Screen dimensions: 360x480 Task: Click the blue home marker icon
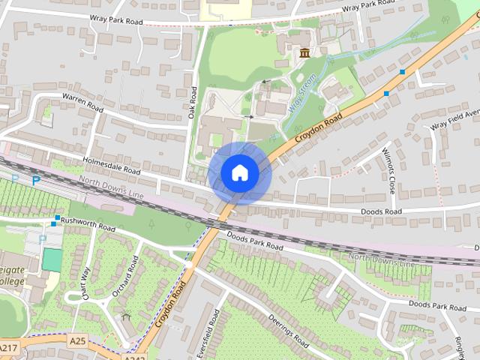239,172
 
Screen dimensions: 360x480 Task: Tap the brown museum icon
304,53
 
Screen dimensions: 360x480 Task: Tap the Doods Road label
382,212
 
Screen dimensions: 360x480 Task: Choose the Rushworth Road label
88,223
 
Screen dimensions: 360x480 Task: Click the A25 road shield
77,340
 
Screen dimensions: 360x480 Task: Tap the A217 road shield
8,349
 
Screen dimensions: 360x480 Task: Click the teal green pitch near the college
52,259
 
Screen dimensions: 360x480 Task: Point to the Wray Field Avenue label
454,120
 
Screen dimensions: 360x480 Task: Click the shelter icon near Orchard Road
125,318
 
